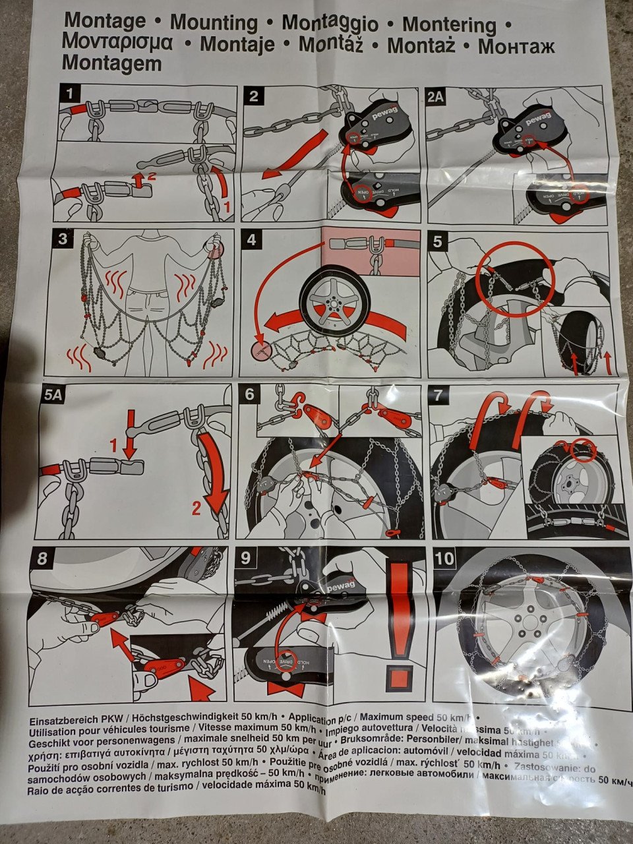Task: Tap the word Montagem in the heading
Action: coord(111,63)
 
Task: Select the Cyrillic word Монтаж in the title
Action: coord(516,46)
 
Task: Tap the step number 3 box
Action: coord(63,240)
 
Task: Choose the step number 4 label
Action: coord(251,240)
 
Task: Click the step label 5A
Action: coord(54,396)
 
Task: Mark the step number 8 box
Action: coord(42,559)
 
